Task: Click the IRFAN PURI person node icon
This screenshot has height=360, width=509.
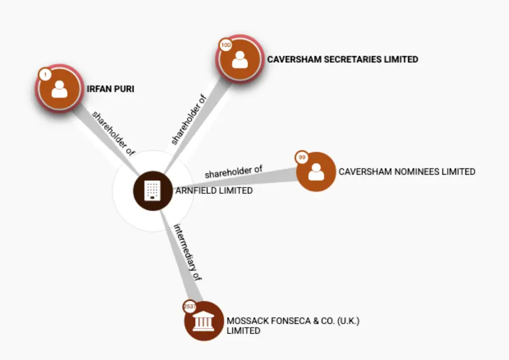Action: tap(59, 89)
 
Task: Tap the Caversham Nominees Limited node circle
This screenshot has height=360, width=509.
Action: tap(316, 172)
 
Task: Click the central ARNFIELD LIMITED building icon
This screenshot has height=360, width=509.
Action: tap(153, 191)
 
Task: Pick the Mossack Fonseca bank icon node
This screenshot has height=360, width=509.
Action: tap(203, 322)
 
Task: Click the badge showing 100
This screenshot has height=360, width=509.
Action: tap(226, 46)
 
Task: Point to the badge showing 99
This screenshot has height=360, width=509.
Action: tap(302, 157)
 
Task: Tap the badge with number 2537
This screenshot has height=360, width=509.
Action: tap(190, 306)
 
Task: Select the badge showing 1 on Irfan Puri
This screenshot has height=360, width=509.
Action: tap(45, 75)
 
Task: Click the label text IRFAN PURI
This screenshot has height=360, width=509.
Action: tap(111, 89)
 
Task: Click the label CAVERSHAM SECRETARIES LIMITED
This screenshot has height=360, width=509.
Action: tap(343, 59)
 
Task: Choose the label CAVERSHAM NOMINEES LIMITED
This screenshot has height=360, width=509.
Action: tap(407, 171)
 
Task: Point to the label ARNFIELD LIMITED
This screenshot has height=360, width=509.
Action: tap(214, 191)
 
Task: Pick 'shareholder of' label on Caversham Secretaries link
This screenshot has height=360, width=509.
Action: tap(189, 119)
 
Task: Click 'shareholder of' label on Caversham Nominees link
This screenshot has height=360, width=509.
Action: tap(233, 172)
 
